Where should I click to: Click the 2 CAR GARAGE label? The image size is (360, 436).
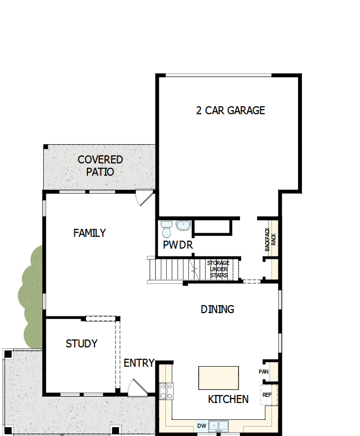click(230, 110)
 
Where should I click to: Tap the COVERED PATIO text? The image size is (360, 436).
click(100, 166)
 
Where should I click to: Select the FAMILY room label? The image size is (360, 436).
click(90, 233)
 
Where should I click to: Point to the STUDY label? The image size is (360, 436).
click(82, 343)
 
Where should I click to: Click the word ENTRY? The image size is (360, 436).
click(139, 363)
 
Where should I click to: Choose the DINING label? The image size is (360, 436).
click(217, 309)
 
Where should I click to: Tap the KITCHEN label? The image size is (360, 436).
click(228, 399)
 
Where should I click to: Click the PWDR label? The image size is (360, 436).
click(178, 245)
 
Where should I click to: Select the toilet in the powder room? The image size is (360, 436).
click(166, 228)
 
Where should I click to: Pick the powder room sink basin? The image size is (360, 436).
click(183, 226)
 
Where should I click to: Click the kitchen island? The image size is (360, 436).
click(218, 378)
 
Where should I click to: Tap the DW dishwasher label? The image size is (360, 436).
click(202, 426)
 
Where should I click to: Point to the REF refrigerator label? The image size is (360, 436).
click(267, 395)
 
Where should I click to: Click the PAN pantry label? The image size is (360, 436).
click(264, 372)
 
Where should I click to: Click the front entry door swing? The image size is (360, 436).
click(137, 387)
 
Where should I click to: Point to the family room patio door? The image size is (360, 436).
click(144, 198)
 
